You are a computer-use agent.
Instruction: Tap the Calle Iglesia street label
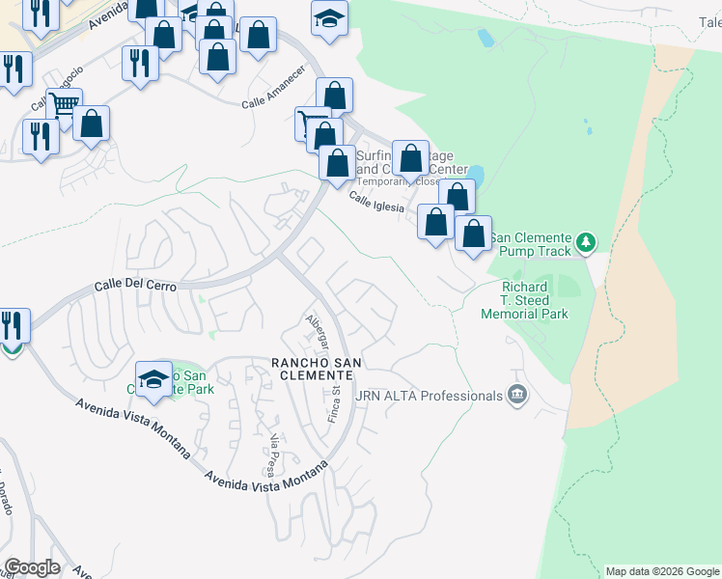tap(375, 202)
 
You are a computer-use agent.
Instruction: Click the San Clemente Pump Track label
tap(532, 238)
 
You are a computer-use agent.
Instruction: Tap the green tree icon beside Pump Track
tap(585, 239)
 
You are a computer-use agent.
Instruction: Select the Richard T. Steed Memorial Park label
tap(535, 300)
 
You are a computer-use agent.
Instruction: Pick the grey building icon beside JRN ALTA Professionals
tap(517, 395)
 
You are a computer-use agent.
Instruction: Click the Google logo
tap(32, 566)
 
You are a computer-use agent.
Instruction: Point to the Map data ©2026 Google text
tap(661, 571)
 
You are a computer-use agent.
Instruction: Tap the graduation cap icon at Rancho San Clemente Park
tap(153, 379)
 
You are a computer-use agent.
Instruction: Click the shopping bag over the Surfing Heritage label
tap(410, 157)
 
